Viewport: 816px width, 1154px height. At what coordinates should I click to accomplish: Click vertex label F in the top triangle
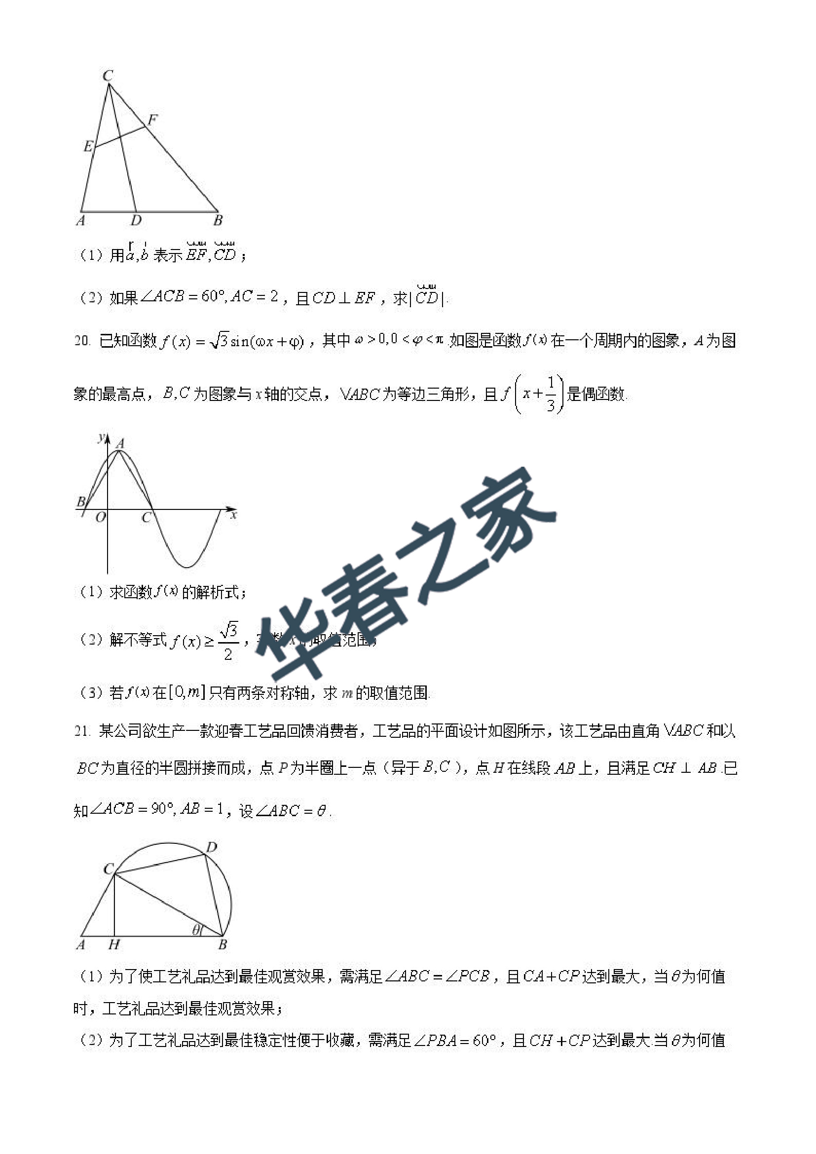tap(152, 119)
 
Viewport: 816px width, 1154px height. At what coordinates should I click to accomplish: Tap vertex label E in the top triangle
tap(88, 146)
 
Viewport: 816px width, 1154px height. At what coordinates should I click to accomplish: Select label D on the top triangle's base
tap(136, 220)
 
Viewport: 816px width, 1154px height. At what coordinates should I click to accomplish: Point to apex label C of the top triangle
tap(108, 76)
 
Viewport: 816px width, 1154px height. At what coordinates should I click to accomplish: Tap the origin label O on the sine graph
tap(101, 517)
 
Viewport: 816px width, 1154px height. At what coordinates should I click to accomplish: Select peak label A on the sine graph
tap(120, 443)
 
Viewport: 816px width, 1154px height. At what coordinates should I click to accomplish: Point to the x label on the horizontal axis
tap(233, 515)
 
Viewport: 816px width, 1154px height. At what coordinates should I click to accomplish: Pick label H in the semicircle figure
tap(114, 944)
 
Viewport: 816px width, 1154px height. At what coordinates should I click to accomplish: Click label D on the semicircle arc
tap(212, 847)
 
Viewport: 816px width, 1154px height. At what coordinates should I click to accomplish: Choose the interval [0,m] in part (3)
tap(187, 692)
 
